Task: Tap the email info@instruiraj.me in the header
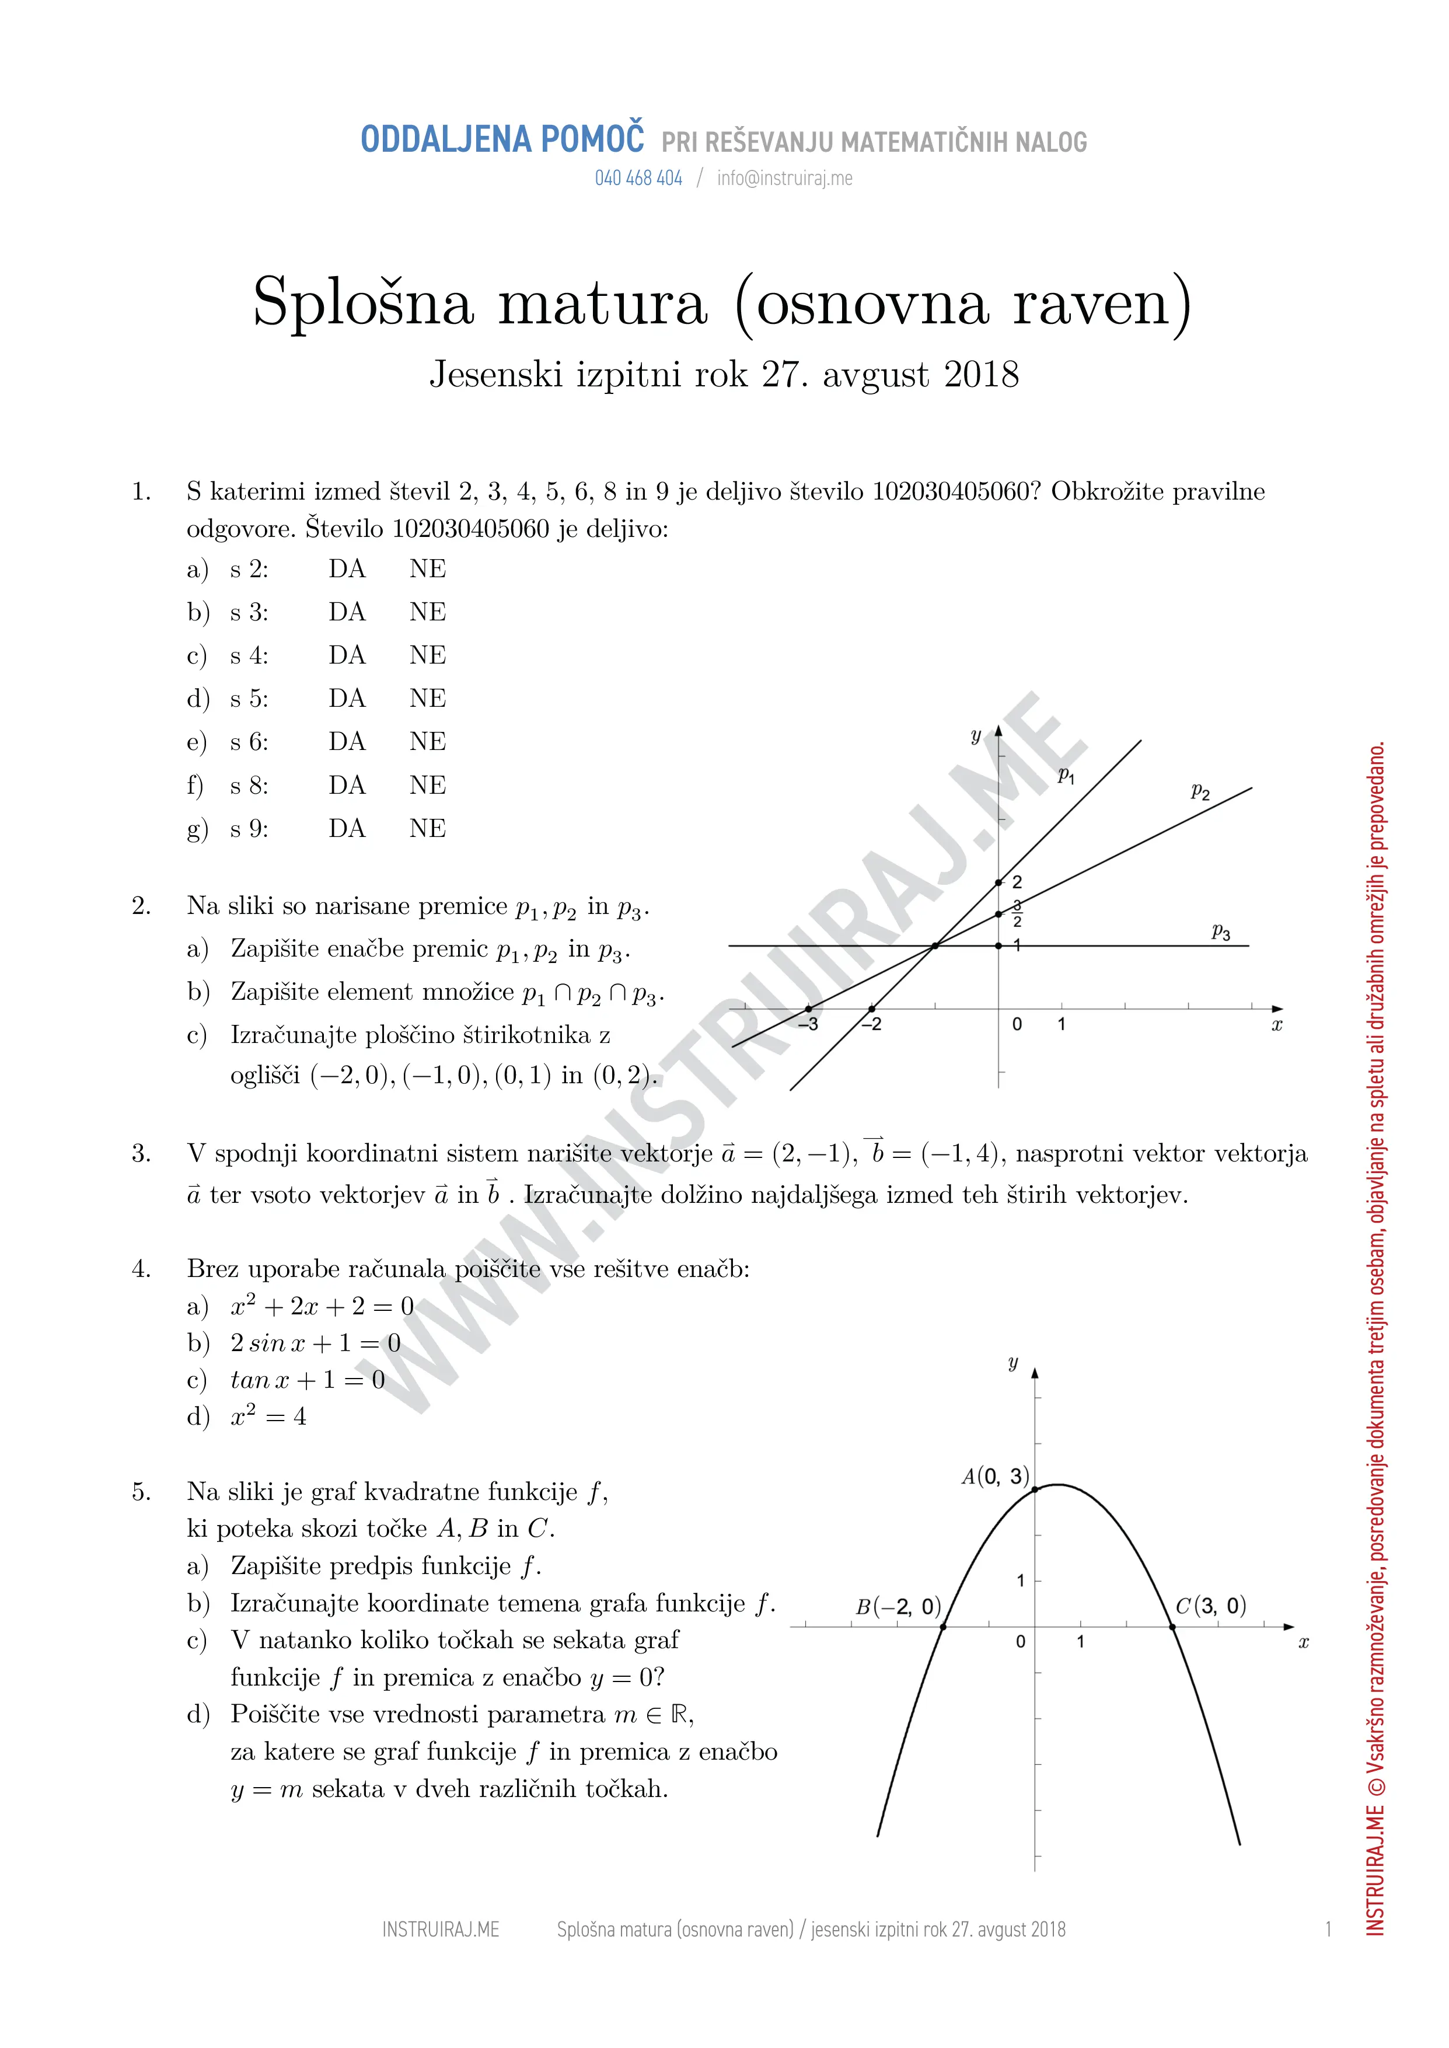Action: tap(784, 179)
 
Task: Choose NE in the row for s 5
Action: tap(427, 699)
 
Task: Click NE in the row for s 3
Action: tap(427, 612)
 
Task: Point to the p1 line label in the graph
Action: tap(1066, 776)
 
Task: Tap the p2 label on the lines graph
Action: tap(1200, 791)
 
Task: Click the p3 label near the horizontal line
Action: tap(1221, 933)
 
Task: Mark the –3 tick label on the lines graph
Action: tap(808, 1024)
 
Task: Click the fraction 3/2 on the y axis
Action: tap(1017, 914)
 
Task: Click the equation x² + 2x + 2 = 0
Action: tap(322, 1307)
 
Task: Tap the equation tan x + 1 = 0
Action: tap(308, 1380)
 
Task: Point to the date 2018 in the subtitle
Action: tap(982, 375)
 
